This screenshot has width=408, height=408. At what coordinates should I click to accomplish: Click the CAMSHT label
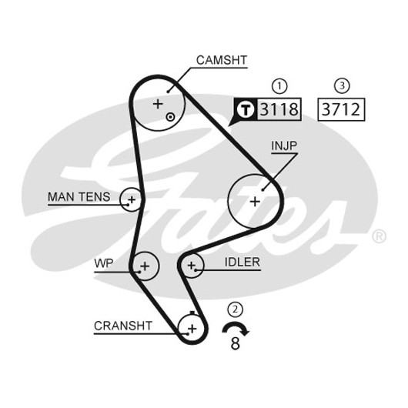(222, 60)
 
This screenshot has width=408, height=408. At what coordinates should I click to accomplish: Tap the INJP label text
(284, 145)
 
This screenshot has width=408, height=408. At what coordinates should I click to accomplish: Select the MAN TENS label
(79, 197)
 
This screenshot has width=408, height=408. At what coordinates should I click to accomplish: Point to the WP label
(104, 263)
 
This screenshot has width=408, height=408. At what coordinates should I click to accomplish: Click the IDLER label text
(242, 262)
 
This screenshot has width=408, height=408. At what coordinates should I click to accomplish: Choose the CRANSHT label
(123, 326)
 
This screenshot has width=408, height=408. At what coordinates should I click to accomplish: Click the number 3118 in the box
(279, 109)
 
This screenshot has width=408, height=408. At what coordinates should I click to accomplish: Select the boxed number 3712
(341, 109)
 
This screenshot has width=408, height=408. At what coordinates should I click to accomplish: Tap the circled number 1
(279, 86)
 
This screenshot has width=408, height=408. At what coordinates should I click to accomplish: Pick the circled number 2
(236, 309)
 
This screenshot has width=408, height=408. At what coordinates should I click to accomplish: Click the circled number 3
(342, 86)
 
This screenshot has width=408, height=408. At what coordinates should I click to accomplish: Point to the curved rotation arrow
(236, 323)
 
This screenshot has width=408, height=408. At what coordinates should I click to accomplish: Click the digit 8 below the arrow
(235, 343)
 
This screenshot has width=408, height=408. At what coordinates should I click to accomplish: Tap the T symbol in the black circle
(246, 109)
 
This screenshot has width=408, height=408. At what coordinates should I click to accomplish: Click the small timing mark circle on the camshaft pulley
(170, 117)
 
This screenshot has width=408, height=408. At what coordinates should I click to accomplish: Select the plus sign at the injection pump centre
(255, 202)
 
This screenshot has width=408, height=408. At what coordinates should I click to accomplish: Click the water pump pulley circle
(159, 266)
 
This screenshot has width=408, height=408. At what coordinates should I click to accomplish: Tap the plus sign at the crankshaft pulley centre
(192, 329)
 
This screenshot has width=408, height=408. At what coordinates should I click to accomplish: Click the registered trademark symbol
(379, 236)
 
